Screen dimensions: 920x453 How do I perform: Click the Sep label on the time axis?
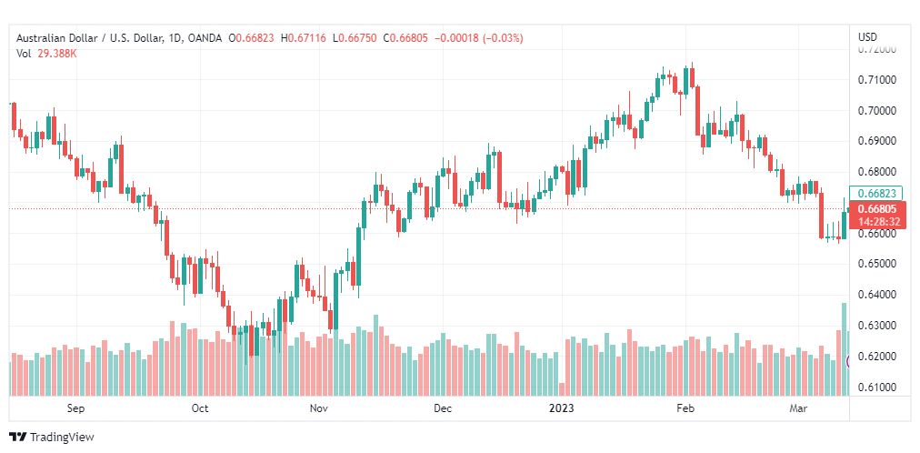tap(75, 408)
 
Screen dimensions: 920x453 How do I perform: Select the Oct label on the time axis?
tap(200, 408)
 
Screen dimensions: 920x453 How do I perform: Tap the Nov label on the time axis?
tap(319, 408)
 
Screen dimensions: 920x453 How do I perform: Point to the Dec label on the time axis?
tap(443, 408)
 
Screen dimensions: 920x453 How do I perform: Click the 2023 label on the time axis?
tap(562, 408)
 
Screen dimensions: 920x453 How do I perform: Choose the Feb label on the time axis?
tap(685, 408)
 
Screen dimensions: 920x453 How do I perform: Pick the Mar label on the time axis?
tap(797, 408)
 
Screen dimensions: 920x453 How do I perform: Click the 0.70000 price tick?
tap(876, 110)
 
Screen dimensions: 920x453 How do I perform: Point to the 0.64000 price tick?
tap(876, 295)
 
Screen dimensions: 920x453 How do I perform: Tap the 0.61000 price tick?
tap(876, 388)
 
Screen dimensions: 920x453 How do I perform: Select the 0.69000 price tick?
tap(876, 141)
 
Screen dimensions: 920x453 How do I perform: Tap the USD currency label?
tap(868, 37)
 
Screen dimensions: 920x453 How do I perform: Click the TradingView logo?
tap(52, 438)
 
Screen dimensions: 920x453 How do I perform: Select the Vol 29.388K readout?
tap(46, 54)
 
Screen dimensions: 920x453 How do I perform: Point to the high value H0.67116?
tap(304, 38)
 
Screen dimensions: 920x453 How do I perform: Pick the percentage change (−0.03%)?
tap(502, 38)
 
